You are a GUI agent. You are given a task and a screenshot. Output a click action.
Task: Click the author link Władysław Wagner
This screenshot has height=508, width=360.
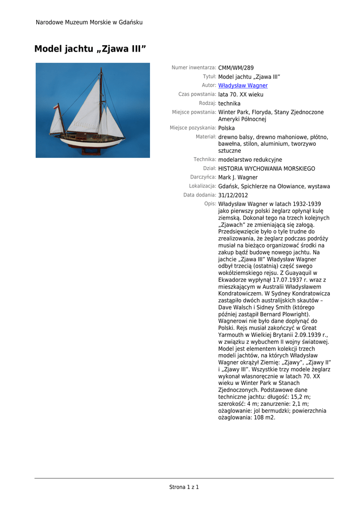pos(243,86)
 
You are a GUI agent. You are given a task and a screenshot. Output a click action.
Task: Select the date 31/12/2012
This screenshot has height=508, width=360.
pos(233,195)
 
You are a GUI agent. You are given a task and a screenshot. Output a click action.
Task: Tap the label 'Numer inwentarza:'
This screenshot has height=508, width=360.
pos(194,67)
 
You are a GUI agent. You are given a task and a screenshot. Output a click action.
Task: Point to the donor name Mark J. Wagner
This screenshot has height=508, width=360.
pos(238,178)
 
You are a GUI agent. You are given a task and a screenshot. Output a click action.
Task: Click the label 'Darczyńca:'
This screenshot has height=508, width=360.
pos(203,177)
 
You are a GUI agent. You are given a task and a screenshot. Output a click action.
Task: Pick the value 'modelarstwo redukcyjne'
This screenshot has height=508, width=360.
pos(250,160)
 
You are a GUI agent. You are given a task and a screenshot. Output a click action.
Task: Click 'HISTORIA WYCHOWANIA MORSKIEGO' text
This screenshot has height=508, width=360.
pos(266,169)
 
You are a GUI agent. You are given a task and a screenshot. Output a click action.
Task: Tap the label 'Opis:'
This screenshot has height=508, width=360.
pos(210,204)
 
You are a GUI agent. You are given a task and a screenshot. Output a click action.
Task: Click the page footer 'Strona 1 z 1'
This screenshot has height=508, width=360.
pos(184,487)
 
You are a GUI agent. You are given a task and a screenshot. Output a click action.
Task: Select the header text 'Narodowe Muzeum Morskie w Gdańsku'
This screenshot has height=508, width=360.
pos(89,22)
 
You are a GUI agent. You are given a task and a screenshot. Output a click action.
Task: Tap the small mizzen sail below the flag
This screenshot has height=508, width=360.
pos(56,124)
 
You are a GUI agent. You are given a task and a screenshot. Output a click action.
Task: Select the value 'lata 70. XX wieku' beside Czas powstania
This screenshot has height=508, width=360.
pos(240,95)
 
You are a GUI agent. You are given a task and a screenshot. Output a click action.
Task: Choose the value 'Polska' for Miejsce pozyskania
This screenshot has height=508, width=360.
pos(226,128)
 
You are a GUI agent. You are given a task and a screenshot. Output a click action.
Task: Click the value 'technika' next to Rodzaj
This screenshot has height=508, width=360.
pos(229,104)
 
